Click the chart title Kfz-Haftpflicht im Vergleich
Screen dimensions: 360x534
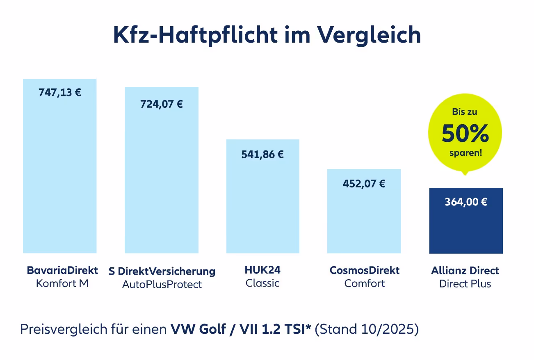coord(267,35)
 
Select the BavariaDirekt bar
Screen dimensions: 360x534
coord(59,172)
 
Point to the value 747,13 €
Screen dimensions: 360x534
coord(60,92)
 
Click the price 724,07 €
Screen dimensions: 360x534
coord(162,104)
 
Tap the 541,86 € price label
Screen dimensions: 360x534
coord(263,155)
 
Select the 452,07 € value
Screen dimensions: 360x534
coord(364,184)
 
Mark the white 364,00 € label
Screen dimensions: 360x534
coord(466,202)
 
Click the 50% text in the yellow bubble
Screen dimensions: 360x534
coord(465,134)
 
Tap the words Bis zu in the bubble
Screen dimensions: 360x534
coord(465,112)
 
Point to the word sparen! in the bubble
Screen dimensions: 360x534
coord(465,154)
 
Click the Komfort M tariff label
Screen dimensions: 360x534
coord(62,283)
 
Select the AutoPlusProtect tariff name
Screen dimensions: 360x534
coord(162,284)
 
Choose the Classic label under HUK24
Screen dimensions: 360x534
coord(262,283)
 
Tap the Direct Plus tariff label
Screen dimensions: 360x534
coord(465,284)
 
